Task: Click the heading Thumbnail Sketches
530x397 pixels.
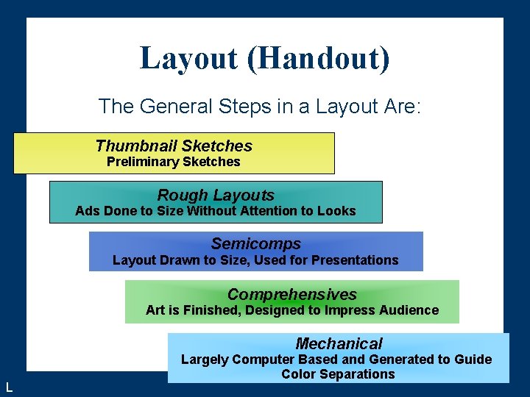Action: point(174,146)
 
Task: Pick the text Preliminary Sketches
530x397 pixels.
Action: point(174,162)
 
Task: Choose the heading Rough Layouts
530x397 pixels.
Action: point(216,196)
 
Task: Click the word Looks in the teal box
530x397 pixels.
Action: point(336,212)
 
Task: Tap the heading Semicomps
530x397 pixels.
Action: point(256,244)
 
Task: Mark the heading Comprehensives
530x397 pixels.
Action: point(292,294)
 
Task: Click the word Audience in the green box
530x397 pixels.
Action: point(409,310)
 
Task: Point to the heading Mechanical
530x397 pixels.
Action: point(339,343)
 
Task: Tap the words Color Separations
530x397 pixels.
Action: point(338,374)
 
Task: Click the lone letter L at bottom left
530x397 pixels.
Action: point(8,387)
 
